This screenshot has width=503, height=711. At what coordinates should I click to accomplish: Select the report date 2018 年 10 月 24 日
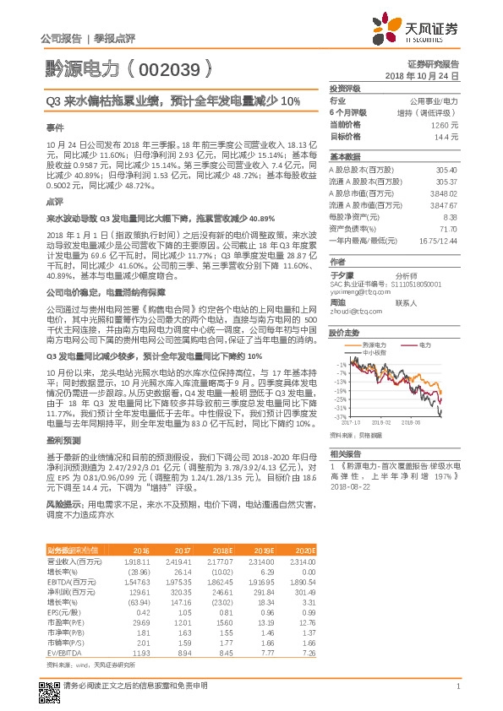click(x=423, y=75)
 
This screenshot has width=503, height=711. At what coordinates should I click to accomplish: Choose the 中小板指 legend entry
click(x=373, y=351)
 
